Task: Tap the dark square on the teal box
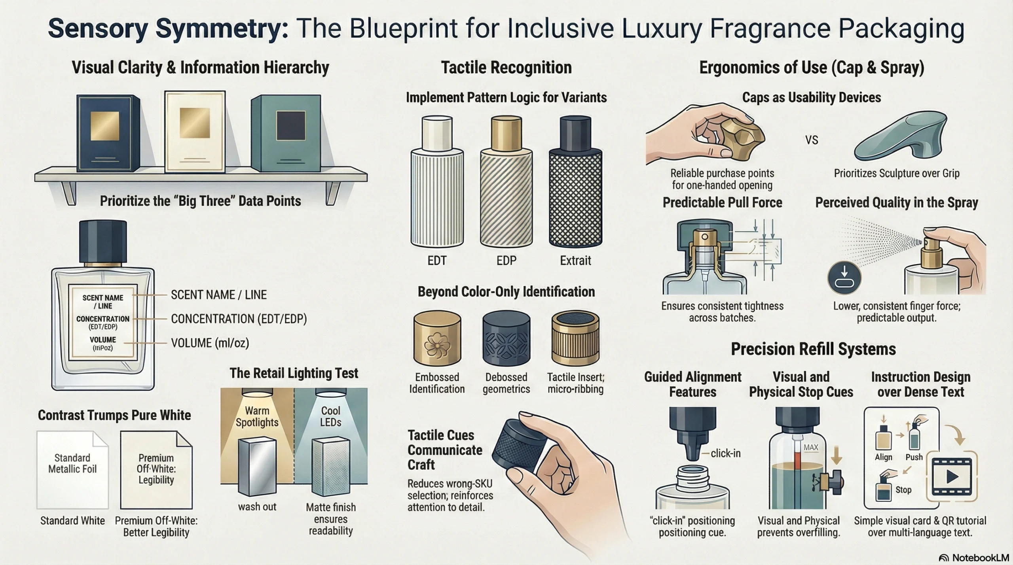290,126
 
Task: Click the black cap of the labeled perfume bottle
103,242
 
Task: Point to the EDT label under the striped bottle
437,261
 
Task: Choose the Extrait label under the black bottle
575,261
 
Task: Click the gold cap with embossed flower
437,338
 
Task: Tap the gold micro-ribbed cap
575,338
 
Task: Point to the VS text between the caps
812,140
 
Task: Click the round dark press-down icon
844,277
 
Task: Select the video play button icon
952,476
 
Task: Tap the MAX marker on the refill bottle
811,447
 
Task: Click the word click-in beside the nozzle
725,454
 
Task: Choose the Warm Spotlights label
257,416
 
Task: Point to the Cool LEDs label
330,416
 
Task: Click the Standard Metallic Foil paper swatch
72,470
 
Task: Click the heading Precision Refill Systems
813,349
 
